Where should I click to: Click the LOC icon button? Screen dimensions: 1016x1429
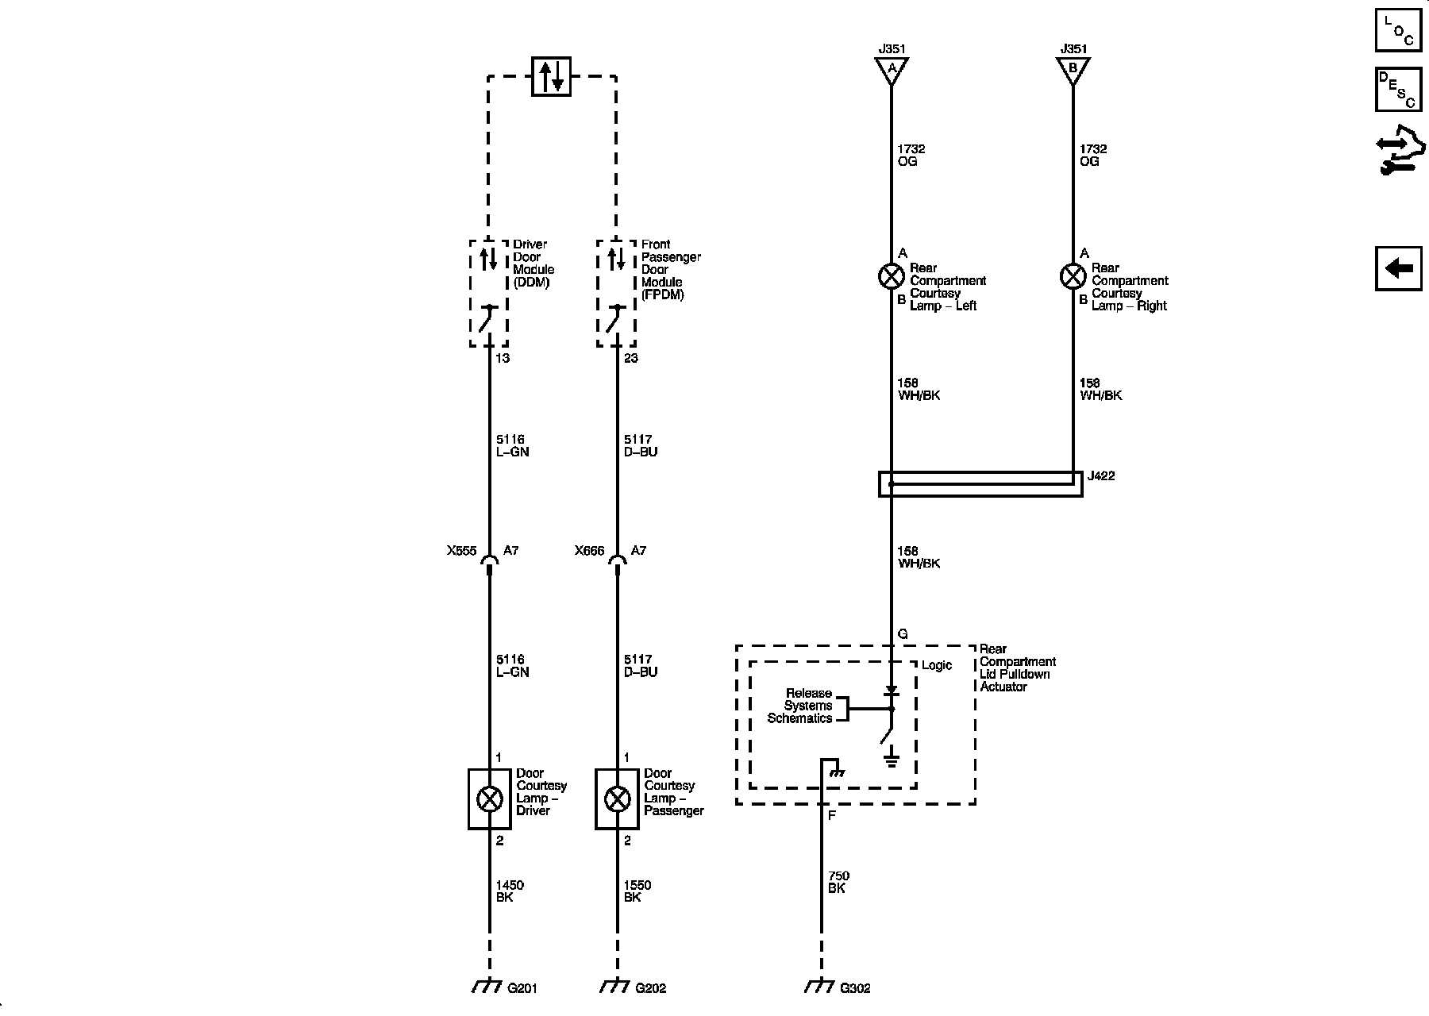click(x=1398, y=30)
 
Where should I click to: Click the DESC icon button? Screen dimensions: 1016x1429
click(x=1398, y=89)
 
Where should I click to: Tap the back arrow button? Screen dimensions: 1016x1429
click(x=1398, y=269)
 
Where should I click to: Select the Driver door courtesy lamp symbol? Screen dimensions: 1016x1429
click(x=489, y=799)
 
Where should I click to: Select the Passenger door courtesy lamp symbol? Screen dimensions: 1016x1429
click(x=617, y=799)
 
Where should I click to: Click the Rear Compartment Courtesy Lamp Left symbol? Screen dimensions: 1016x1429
click(x=891, y=276)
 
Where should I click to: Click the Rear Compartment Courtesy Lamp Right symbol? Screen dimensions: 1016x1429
click(x=1073, y=276)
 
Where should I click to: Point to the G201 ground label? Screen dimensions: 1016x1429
click(x=522, y=988)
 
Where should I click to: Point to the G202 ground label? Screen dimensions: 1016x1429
click(x=650, y=988)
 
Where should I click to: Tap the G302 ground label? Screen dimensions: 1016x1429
click(x=855, y=988)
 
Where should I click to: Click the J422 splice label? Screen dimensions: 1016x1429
click(x=1101, y=476)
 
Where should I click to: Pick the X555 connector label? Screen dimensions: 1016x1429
click(x=461, y=550)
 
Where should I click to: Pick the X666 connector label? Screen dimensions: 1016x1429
click(x=590, y=550)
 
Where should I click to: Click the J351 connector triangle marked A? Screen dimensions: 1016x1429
click(x=892, y=69)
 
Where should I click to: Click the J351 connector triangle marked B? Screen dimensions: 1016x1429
click(x=1073, y=69)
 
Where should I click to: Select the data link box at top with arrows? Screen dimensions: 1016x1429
click(x=551, y=76)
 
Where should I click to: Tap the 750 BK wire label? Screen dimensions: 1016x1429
click(x=838, y=882)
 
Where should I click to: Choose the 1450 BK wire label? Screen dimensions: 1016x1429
click(x=509, y=891)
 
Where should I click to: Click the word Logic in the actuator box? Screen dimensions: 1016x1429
click(x=936, y=665)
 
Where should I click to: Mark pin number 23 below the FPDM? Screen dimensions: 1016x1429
click(x=630, y=358)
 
